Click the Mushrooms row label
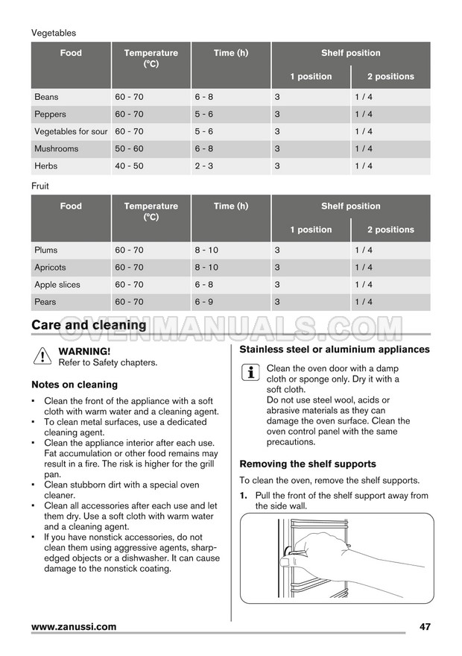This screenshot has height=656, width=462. [x=56, y=149]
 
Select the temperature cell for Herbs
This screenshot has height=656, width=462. [x=129, y=166]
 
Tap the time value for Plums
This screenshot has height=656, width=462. [x=206, y=250]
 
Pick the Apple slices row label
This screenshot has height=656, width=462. [x=57, y=285]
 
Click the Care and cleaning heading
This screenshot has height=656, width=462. [x=89, y=325]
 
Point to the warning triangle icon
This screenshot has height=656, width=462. [x=41, y=356]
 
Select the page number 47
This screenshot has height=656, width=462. [x=425, y=627]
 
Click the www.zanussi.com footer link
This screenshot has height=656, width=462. [x=74, y=627]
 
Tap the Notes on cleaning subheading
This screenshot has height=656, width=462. [x=75, y=385]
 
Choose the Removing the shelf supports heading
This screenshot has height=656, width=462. [x=308, y=464]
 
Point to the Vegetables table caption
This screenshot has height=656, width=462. [x=54, y=33]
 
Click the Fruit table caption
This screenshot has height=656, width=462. [x=40, y=186]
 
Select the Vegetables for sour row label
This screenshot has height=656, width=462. [x=71, y=132]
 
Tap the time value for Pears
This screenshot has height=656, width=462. [x=204, y=302]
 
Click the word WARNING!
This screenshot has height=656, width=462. [x=84, y=351]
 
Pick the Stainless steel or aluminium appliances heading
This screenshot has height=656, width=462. [x=335, y=350]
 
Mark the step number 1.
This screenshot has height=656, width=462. [x=243, y=496]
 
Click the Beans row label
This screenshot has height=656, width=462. [x=46, y=97]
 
